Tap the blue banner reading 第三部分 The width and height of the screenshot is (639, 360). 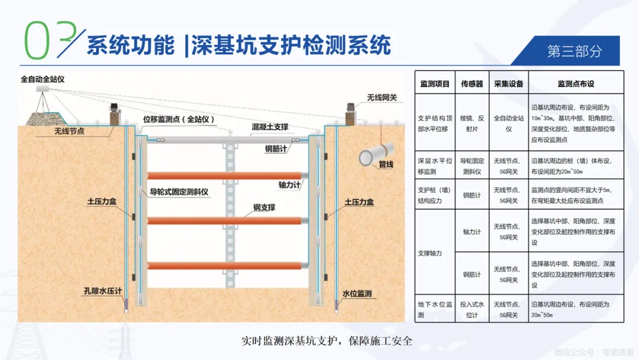tap(574, 51)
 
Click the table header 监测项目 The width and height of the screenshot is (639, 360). tap(435, 84)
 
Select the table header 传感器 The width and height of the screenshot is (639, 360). tap(472, 84)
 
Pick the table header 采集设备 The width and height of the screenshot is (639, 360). tap(509, 84)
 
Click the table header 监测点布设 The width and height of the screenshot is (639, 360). tap(576, 84)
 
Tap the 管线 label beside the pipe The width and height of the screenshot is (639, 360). tap(386, 165)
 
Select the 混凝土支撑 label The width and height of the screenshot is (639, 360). tap(270, 127)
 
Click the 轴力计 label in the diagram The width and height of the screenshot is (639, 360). tap(290, 185)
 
